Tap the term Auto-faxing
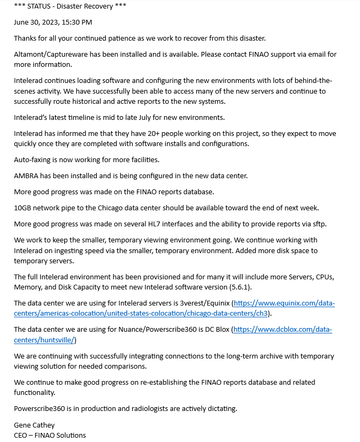click(x=33, y=159)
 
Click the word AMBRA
click(x=27, y=176)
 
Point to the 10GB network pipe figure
click(x=24, y=207)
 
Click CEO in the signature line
click(x=21, y=435)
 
